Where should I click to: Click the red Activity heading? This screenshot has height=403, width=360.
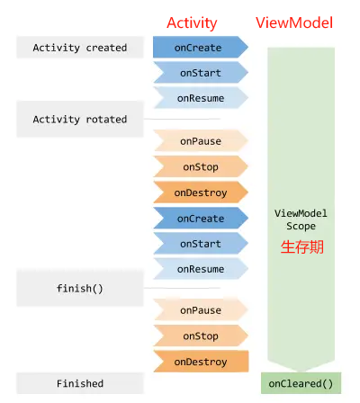click(192, 23)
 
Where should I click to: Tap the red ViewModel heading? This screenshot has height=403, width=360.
click(294, 22)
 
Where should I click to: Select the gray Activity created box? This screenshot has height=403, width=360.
click(80, 48)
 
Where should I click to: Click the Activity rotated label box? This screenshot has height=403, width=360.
click(80, 119)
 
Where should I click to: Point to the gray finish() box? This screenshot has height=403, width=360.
click(80, 288)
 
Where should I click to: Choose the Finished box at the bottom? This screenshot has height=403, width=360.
click(80, 383)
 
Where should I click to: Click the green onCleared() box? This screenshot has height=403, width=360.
click(301, 383)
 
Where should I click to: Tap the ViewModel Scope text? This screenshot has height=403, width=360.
click(301, 219)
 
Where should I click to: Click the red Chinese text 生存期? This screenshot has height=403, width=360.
click(302, 247)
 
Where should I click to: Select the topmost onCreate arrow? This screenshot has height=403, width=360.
click(201, 47)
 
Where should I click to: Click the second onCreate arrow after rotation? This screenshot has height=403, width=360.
click(201, 218)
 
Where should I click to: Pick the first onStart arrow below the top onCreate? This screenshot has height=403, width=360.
click(201, 72)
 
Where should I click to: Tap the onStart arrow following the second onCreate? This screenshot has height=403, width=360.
click(201, 244)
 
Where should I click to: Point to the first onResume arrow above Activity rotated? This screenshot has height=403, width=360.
click(201, 98)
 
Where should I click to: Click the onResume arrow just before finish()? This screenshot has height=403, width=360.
click(201, 269)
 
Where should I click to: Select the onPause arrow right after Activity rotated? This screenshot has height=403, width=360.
click(201, 140)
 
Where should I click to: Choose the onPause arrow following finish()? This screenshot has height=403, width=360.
click(201, 309)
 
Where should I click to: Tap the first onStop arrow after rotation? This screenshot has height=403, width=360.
click(201, 166)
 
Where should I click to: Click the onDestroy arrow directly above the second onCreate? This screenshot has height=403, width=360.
click(201, 193)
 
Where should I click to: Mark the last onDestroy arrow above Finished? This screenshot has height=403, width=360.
click(201, 362)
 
